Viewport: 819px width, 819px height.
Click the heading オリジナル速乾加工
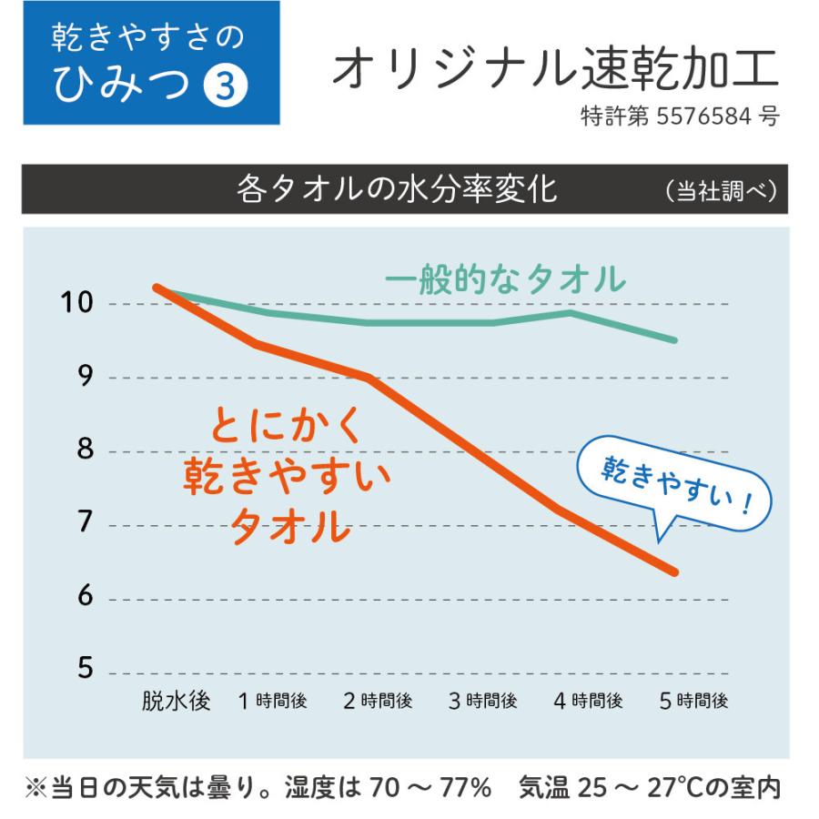555,70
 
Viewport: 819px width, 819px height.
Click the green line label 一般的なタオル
504,279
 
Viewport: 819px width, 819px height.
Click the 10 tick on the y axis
72,303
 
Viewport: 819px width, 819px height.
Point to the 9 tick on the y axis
85,377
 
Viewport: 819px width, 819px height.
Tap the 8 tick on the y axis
85,451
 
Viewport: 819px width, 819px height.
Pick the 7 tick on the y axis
85,525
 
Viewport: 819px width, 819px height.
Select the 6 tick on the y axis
85,597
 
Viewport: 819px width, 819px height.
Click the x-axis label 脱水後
176,702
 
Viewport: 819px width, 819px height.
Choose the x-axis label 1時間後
273,702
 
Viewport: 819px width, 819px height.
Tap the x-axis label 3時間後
483,702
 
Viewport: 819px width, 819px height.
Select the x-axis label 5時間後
693,702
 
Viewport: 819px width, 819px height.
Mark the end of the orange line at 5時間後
674,571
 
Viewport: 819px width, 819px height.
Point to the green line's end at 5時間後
674,339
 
